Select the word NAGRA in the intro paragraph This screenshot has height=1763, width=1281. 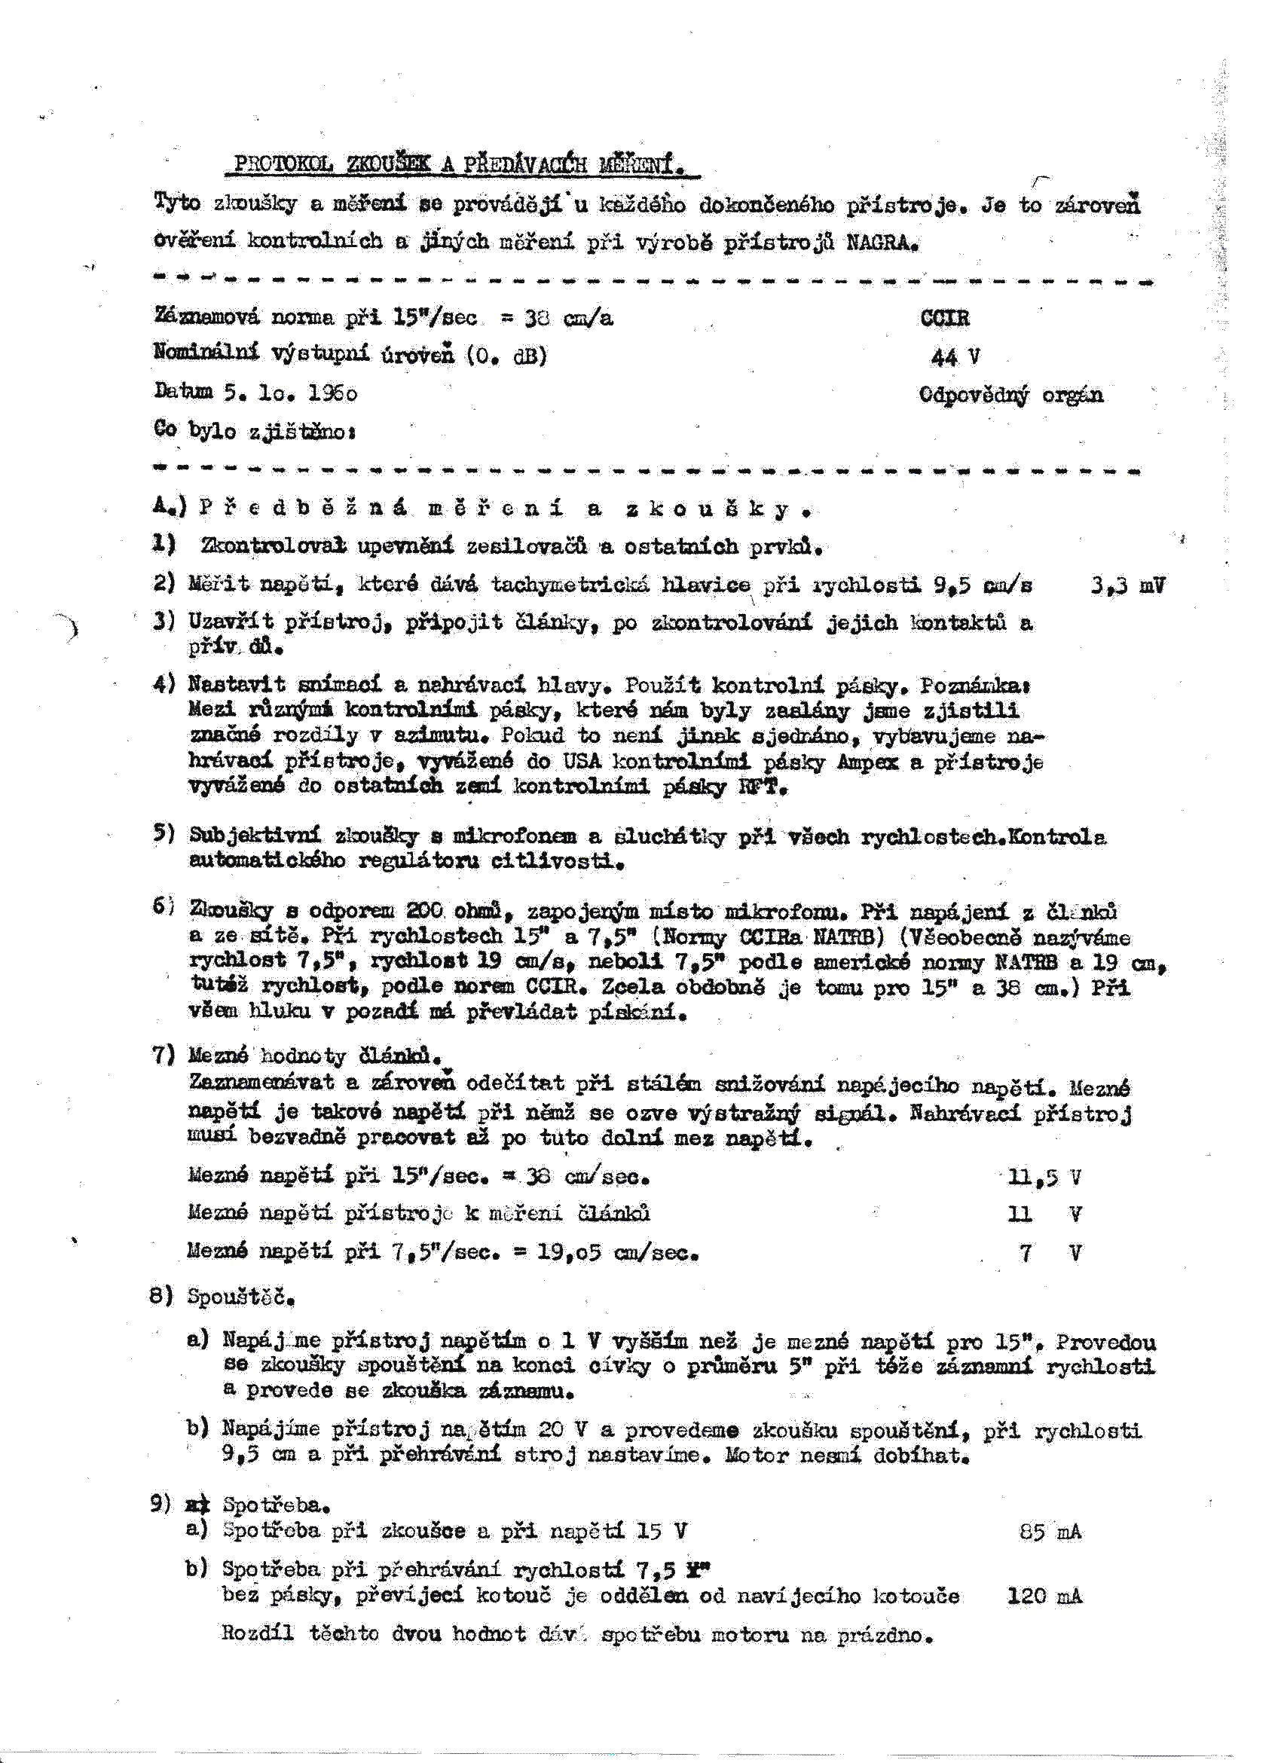pyautogui.click(x=882, y=243)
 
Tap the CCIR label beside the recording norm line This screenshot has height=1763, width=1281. pyautogui.click(x=944, y=318)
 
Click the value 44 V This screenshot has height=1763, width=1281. pyautogui.click(x=955, y=357)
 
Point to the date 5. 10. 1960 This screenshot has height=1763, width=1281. pyautogui.click(x=291, y=393)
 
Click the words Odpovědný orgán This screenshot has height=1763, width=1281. pyautogui.click(x=1010, y=395)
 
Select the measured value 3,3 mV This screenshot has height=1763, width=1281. pyautogui.click(x=1127, y=585)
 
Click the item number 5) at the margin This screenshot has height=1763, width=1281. pyautogui.click(x=164, y=834)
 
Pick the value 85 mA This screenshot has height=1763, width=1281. pyautogui.click(x=1050, y=1532)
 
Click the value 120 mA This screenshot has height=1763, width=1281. pyautogui.click(x=1044, y=1596)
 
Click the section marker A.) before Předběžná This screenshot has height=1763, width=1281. pyautogui.click(x=170, y=508)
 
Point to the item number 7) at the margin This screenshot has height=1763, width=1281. pyautogui.click(x=164, y=1056)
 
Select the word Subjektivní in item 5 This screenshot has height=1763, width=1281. pyautogui.click(x=255, y=836)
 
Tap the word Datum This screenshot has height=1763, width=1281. pyautogui.click(x=183, y=391)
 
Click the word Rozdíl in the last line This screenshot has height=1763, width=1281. pyautogui.click(x=257, y=1634)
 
